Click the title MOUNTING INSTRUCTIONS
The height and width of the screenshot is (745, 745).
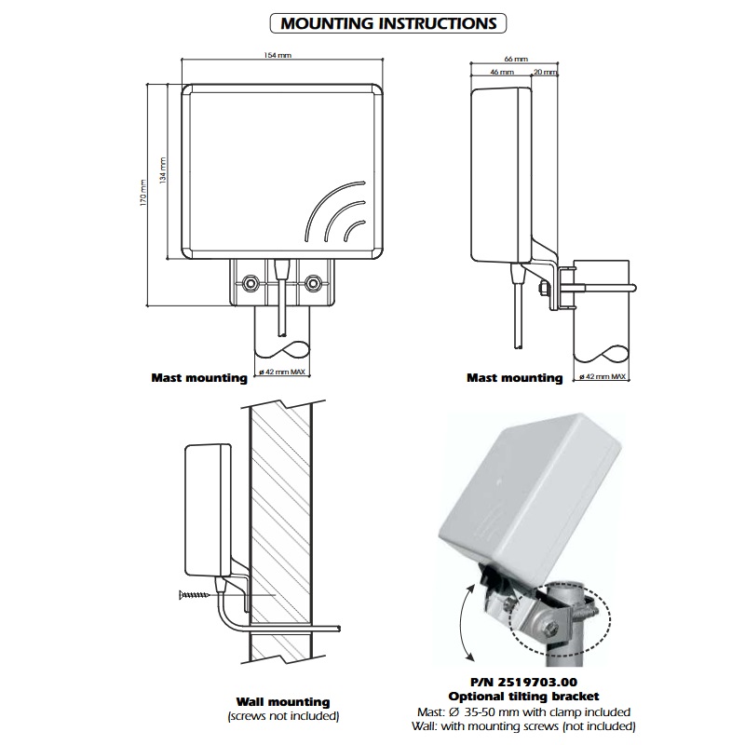point(389,23)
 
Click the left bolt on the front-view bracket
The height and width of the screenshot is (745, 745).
point(250,280)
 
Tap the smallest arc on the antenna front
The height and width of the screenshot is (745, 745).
point(355,228)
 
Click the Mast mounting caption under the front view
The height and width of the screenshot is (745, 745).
point(199,378)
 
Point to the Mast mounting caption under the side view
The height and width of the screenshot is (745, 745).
point(514,378)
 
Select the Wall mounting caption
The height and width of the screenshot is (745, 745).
point(283,701)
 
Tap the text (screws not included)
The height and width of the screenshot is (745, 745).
point(283,716)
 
